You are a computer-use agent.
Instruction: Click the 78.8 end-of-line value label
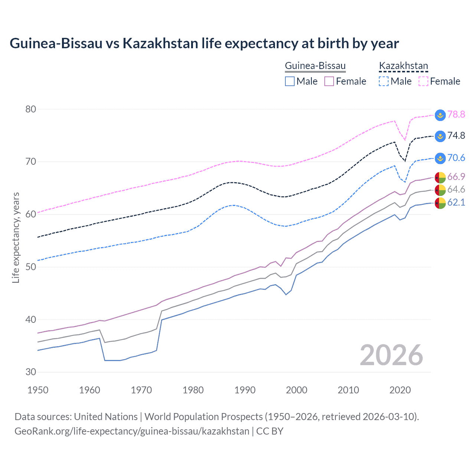coord(456,115)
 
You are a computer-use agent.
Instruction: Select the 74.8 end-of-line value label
coord(456,136)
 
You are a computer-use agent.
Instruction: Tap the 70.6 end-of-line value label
coord(456,158)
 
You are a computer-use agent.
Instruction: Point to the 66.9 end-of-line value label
coord(456,177)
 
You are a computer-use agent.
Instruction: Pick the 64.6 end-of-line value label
coord(456,190)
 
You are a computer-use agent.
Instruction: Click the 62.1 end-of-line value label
coord(456,203)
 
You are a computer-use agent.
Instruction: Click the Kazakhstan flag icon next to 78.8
coord(440,115)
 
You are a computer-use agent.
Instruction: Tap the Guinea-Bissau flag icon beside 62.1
coord(440,203)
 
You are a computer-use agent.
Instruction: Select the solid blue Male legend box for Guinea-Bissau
coord(290,81)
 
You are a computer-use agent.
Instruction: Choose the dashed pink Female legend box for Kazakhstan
coord(423,81)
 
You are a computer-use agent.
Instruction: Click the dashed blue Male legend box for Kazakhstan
coord(384,81)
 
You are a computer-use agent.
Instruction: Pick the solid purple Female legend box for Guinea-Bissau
coord(329,81)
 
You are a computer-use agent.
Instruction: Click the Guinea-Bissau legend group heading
coord(315,66)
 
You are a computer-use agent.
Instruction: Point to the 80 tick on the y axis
coord(31,109)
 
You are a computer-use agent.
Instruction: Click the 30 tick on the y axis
coord(31,372)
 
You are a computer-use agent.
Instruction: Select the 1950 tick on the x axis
coord(38,390)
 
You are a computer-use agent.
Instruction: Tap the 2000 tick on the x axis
coord(297,390)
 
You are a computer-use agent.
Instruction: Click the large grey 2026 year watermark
coord(391,355)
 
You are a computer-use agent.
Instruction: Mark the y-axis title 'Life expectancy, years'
coord(16,237)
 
